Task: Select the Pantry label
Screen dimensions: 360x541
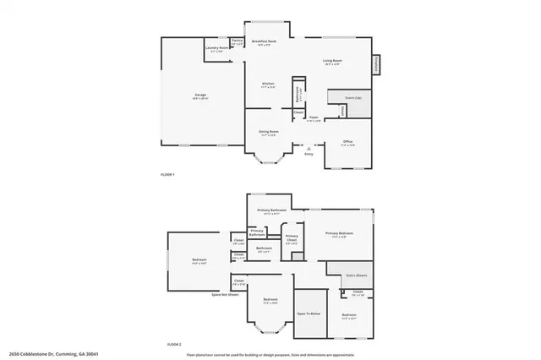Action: [x=237, y=41]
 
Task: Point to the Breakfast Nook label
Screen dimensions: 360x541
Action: [x=265, y=42]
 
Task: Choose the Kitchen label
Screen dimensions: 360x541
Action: [x=268, y=85]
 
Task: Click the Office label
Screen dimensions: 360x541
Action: [x=347, y=142]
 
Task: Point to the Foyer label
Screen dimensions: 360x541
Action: [x=313, y=119]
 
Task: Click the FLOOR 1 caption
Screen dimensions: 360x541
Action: [x=167, y=174]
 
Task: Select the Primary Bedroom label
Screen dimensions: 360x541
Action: [x=339, y=233]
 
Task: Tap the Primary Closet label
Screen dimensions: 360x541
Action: [x=292, y=238]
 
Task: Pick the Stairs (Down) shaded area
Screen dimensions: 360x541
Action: [x=350, y=274]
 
